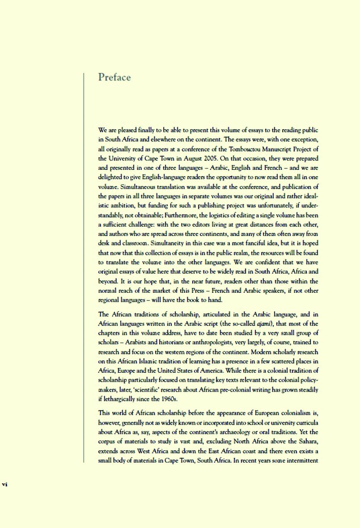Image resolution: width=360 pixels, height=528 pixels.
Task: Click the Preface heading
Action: pos(114,77)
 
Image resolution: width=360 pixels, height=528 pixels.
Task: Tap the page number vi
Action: pos(6,484)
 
